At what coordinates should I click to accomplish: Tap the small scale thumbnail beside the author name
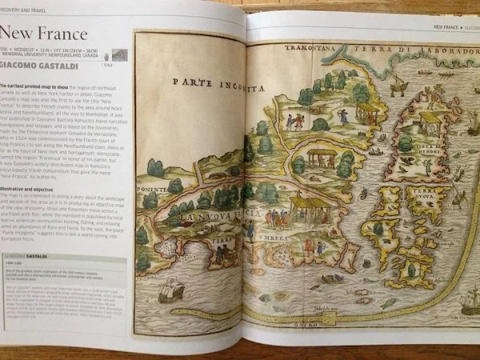coord(119,55)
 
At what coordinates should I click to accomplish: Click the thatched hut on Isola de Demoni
coord(430,120)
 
